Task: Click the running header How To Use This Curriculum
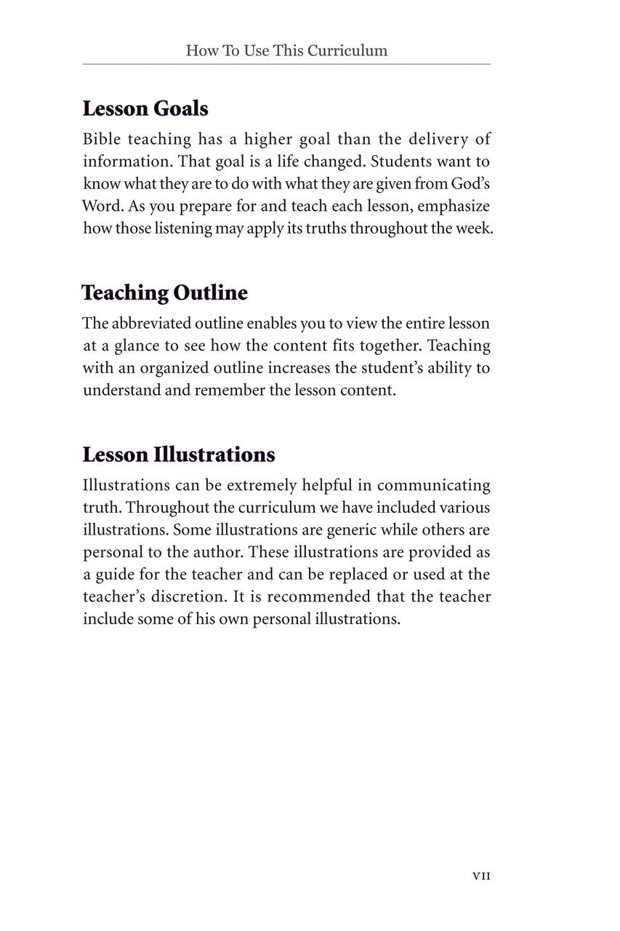286,51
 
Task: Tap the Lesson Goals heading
145,109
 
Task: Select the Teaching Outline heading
164,293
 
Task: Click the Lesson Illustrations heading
179,455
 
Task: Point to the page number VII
481,876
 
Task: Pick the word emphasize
454,206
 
